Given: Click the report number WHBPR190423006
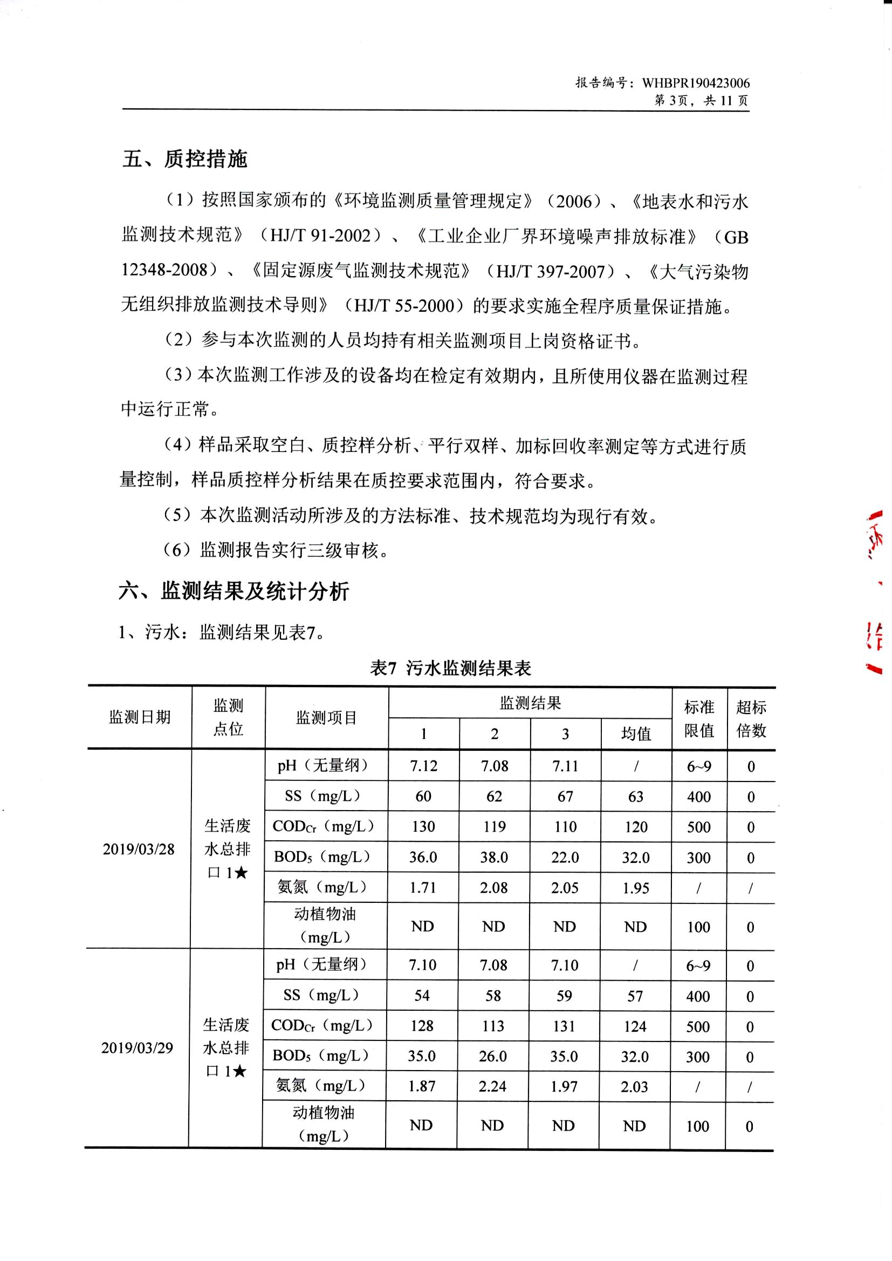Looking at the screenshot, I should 695,83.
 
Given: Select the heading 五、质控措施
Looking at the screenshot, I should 184,159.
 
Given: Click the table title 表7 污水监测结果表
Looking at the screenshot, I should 450,668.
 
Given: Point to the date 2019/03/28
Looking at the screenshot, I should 139,849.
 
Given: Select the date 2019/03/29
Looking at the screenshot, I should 137,1047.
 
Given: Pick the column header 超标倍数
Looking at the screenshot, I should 751,718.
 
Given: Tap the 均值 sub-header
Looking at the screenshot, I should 636,734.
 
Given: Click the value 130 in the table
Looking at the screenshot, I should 423,827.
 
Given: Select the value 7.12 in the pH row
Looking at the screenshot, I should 423,766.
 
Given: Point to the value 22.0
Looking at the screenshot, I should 565,858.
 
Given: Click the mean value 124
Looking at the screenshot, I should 635,1026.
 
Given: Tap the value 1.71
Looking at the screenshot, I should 423,888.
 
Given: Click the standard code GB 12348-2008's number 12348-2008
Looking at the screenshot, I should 165,270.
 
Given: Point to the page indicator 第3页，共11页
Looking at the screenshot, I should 702,100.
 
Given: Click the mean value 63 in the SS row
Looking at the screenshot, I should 635,797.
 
